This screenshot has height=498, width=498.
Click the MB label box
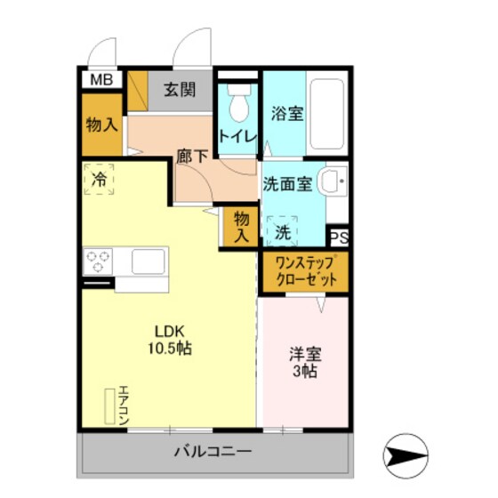pos(101,80)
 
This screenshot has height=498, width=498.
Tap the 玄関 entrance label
pos(179,90)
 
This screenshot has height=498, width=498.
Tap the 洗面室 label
pos(286,184)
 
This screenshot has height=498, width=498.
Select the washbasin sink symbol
pos(335,182)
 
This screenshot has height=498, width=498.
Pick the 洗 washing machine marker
pos(282,232)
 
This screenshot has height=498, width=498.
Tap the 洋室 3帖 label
pos(304,361)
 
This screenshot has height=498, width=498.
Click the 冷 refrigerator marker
pos(100,179)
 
